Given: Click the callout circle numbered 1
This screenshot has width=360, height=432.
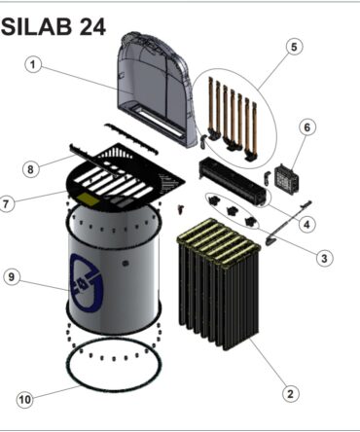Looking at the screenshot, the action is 33,65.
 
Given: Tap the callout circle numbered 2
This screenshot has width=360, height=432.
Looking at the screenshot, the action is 290,393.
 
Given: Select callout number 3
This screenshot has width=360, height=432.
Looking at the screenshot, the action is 324,258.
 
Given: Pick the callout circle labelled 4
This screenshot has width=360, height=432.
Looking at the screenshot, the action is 307,224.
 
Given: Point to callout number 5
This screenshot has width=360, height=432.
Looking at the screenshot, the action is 294,47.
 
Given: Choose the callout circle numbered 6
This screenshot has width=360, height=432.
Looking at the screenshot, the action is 306,127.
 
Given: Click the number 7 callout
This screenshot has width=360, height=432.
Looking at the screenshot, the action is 6,204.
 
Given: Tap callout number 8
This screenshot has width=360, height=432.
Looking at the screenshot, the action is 30,169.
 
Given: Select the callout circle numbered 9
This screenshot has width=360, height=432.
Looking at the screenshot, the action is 12,277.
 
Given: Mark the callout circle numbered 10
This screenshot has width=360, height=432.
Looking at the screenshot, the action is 25,399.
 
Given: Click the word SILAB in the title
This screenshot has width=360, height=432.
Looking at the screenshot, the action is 36,27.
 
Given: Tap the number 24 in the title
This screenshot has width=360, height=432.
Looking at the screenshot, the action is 92,27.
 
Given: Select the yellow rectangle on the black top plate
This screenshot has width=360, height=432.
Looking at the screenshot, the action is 88,198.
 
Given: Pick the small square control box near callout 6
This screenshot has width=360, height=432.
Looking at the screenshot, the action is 287,178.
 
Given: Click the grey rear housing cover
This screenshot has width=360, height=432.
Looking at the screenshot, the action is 157,90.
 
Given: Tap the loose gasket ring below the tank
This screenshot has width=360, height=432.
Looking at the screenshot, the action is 114,389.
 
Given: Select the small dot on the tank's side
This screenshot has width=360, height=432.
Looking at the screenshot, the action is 125,263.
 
